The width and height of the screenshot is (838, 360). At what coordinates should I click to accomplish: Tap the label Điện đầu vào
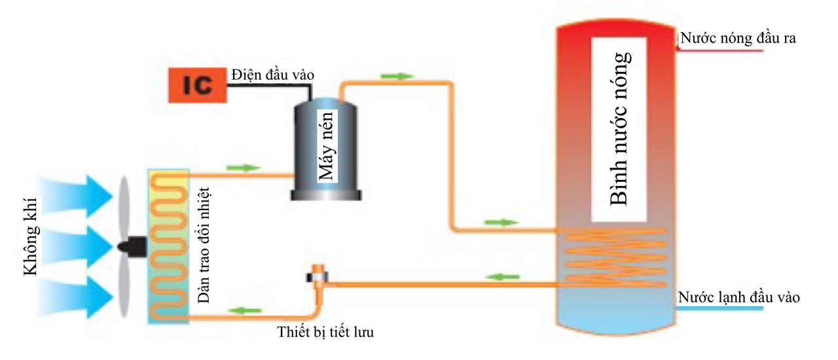272,75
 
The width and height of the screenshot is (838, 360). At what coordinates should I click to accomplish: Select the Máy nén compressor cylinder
326,147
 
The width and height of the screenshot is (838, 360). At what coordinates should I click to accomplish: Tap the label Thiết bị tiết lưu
326,332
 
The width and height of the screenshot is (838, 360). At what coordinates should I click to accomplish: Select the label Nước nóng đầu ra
737,37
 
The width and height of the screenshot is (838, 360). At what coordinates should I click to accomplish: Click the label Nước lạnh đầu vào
739,297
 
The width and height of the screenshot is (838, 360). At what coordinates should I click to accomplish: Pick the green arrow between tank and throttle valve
501,276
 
